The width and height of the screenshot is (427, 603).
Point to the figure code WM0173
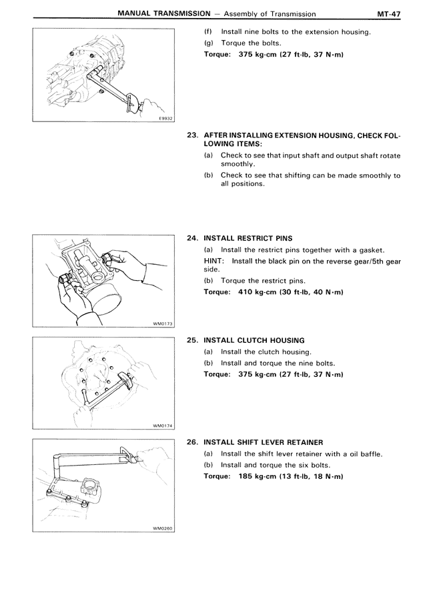[163, 324]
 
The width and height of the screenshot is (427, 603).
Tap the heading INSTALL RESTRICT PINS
[248, 238]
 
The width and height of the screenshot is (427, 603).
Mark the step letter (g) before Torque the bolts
[208, 43]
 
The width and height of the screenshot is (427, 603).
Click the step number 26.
[193, 442]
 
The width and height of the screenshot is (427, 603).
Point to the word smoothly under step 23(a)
[239, 163]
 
